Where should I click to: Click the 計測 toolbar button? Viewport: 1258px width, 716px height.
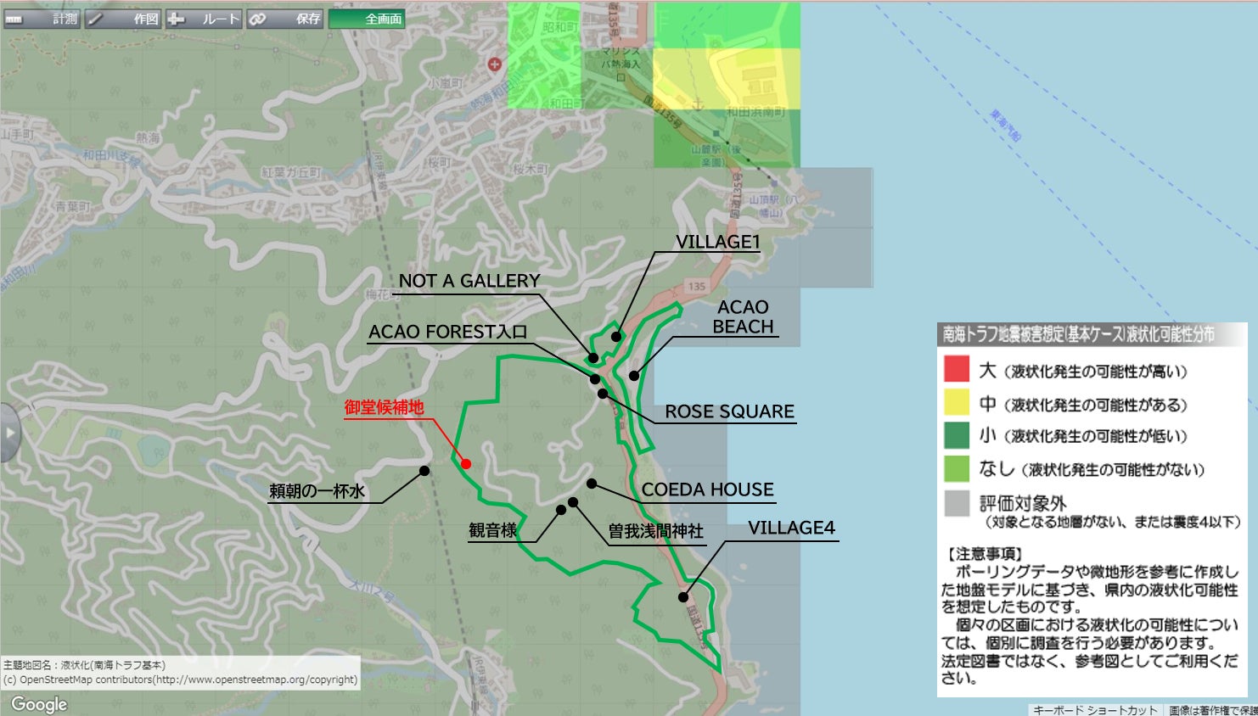pyautogui.click(x=42, y=19)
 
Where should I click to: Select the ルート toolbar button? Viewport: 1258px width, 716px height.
pyautogui.click(x=204, y=19)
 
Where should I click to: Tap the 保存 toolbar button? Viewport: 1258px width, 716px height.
pyautogui.click(x=285, y=19)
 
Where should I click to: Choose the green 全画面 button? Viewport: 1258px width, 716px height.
pyautogui.click(x=367, y=19)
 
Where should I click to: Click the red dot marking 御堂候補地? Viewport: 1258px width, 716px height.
pyautogui.click(x=466, y=463)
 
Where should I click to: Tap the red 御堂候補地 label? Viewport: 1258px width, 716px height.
pyautogui.click(x=384, y=408)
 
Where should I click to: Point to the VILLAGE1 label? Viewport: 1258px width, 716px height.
pyautogui.click(x=717, y=242)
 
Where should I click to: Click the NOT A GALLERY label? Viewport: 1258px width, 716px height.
pyautogui.click(x=469, y=281)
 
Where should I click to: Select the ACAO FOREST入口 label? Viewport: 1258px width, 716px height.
pyautogui.click(x=447, y=332)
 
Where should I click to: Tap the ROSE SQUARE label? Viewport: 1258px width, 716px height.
pyautogui.click(x=729, y=411)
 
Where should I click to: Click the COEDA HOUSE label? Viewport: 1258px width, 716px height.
pyautogui.click(x=707, y=489)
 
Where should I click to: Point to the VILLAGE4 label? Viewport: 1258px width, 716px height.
pyautogui.click(x=791, y=528)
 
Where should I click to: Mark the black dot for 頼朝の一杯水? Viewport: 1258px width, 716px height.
pyautogui.click(x=424, y=471)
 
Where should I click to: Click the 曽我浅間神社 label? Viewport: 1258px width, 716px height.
pyautogui.click(x=655, y=531)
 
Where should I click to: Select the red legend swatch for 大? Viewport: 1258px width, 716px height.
pyautogui.click(x=957, y=369)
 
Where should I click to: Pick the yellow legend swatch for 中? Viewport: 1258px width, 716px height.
pyautogui.click(x=957, y=402)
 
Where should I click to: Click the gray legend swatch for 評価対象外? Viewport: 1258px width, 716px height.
pyautogui.click(x=957, y=503)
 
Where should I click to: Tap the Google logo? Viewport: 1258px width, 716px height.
pyautogui.click(x=39, y=704)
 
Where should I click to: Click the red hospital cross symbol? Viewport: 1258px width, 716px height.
pyautogui.click(x=495, y=64)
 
